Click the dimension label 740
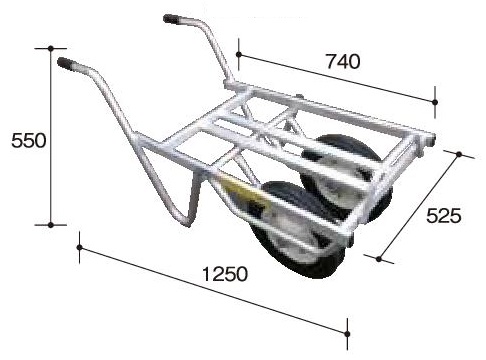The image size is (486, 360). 343,62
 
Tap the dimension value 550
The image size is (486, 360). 29,140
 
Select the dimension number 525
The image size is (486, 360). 444,216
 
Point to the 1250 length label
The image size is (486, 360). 225,274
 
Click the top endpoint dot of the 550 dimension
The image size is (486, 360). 51,49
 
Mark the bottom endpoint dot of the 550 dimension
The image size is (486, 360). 51,225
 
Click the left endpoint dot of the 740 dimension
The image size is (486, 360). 238,54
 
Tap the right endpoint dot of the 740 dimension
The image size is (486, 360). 435,102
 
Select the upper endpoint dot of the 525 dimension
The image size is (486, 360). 459,154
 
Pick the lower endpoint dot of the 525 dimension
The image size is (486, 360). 378,259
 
